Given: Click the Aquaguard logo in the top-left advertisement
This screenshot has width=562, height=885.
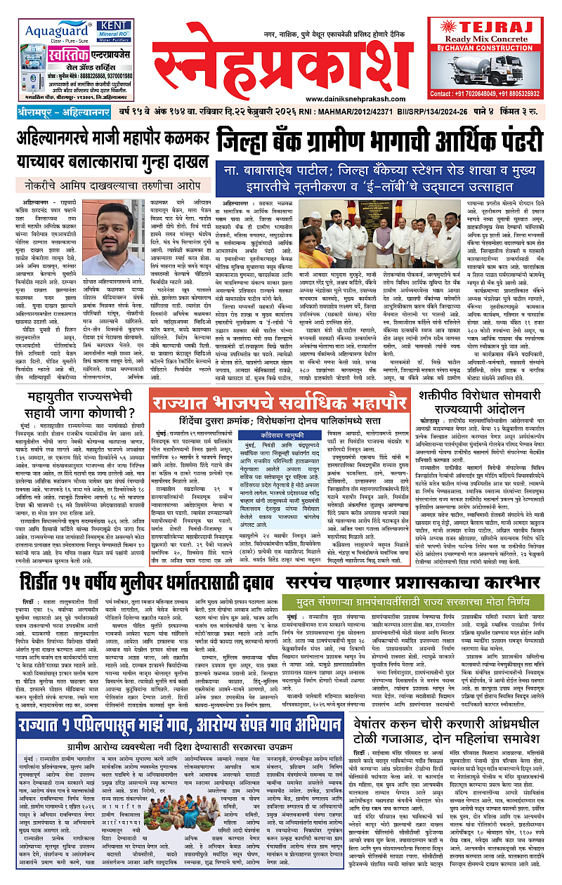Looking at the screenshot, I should click(x=55, y=31).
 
